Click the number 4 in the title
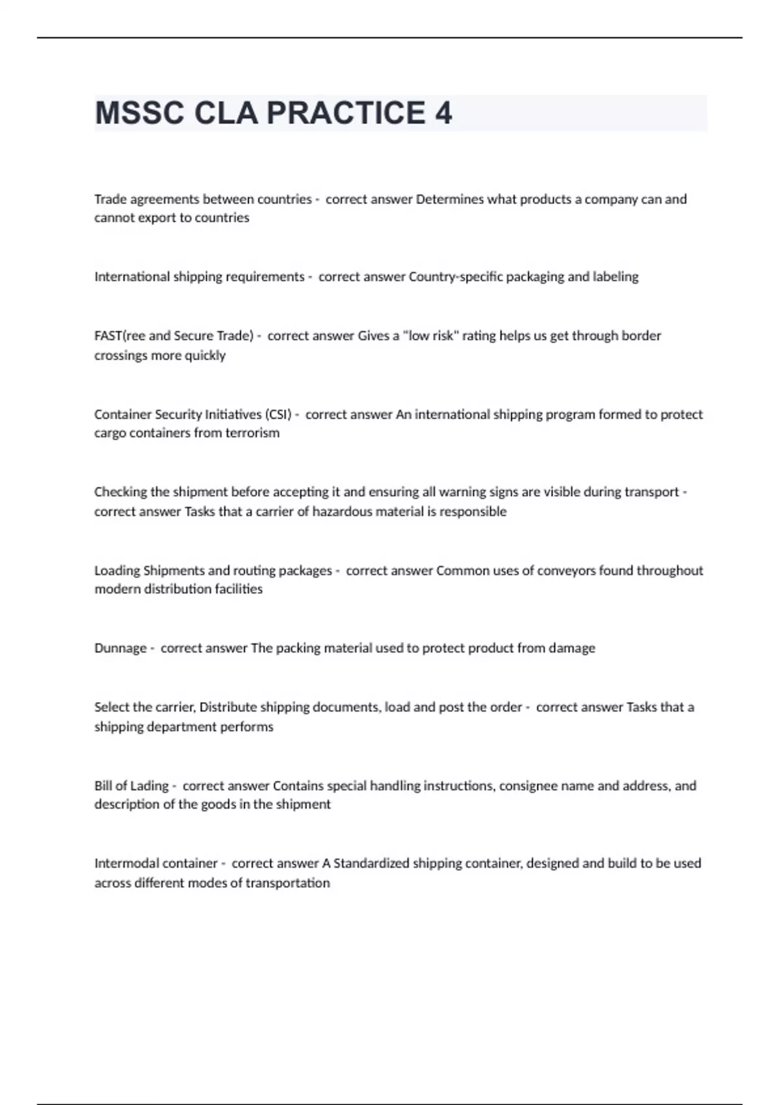(443, 113)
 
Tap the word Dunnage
(120, 648)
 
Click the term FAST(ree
(120, 336)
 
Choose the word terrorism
(252, 433)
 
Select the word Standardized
(371, 863)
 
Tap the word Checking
(121, 492)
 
